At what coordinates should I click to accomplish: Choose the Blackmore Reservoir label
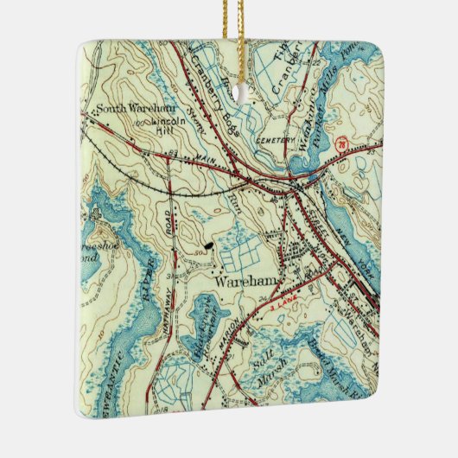200,333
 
